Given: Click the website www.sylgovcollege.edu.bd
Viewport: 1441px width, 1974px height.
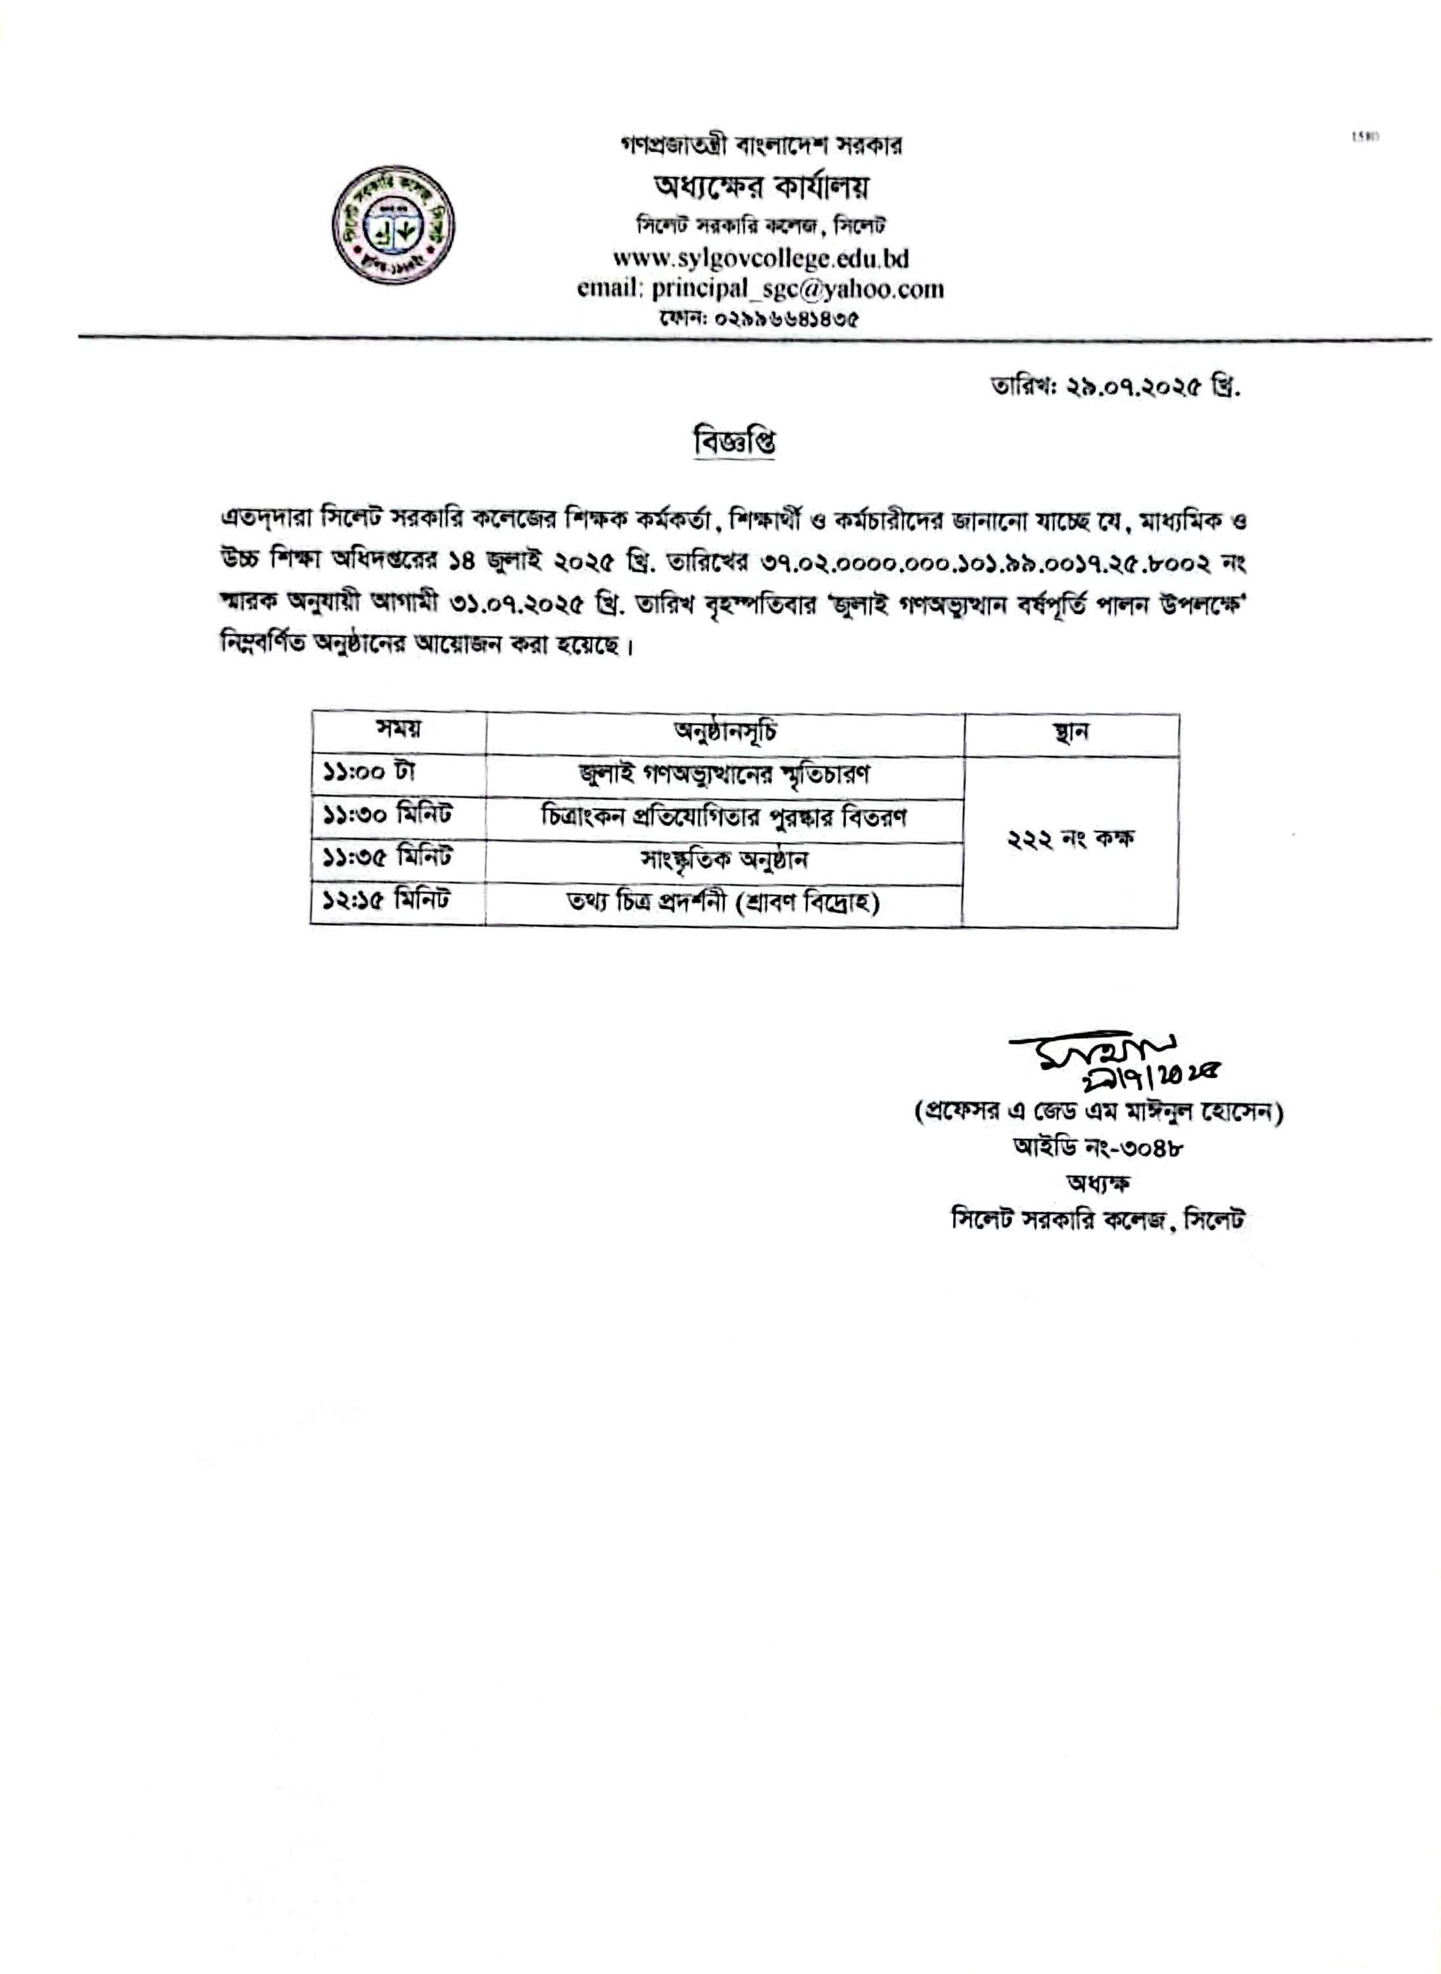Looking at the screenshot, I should point(762,259).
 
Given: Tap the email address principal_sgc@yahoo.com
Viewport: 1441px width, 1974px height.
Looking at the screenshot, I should point(761,288).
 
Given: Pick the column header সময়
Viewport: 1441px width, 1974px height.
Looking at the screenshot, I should point(399,730).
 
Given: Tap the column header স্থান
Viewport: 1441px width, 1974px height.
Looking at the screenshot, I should point(1071,732).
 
